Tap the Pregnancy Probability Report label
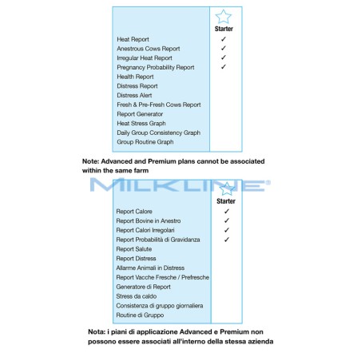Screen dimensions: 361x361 [x=155, y=68]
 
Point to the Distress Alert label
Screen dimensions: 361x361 [x=134, y=95]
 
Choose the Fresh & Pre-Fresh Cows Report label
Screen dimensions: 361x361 [x=158, y=105]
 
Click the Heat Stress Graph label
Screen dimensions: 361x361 [x=141, y=123]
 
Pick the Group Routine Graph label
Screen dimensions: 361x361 [x=145, y=142]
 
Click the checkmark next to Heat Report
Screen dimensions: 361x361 [x=224, y=39]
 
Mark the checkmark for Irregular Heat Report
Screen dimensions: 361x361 [x=224, y=58]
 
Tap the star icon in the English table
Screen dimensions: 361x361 [x=224, y=17]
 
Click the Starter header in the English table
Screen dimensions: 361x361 [x=224, y=29]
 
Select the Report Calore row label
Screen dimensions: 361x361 [x=133, y=212]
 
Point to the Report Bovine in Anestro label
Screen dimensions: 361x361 [x=149, y=221]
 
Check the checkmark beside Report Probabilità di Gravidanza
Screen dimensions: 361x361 [x=227, y=239]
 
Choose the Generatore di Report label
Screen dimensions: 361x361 [x=143, y=287]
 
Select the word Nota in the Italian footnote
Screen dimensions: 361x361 [x=97, y=331]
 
